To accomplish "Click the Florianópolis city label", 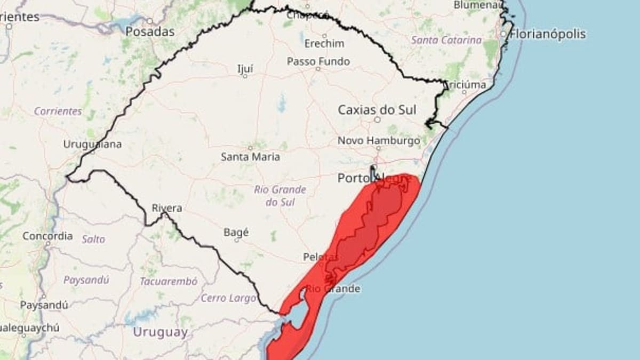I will point(548,34).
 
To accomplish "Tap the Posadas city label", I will point(150,31).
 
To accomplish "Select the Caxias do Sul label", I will point(377,110).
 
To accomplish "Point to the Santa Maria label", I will point(250,157).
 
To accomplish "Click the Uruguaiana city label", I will point(92,145).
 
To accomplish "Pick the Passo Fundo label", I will point(318,61).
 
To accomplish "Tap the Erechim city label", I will point(324,43).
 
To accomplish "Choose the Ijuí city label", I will point(245,68).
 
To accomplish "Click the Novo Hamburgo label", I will point(379,141).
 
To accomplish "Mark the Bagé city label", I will point(236,233).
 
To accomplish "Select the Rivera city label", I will point(167,208).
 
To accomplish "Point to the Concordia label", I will point(47,236).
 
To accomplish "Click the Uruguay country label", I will point(160,332).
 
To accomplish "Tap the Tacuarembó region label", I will point(169,281).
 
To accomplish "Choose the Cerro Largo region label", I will point(228,298).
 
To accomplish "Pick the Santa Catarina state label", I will point(446,40).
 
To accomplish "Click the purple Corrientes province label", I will point(58,111).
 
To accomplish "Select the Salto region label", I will point(93,239).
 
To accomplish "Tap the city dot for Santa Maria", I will point(250,148).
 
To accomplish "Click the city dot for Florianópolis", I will point(503,34).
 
